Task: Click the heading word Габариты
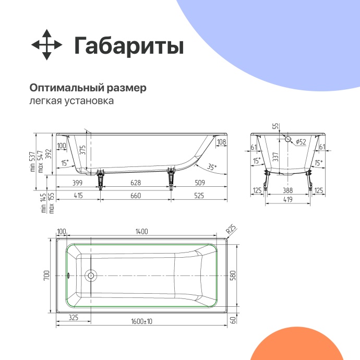[128, 46]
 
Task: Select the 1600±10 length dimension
[142, 322]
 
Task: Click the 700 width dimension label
[46, 275]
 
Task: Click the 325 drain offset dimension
[74, 317]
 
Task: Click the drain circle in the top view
[91, 275]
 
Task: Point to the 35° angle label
[211, 167]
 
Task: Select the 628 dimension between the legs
[135, 183]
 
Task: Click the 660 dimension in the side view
[135, 195]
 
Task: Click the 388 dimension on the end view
[288, 191]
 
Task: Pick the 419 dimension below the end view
[288, 200]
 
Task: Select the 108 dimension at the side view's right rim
[221, 142]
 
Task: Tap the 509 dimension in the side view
[199, 183]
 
